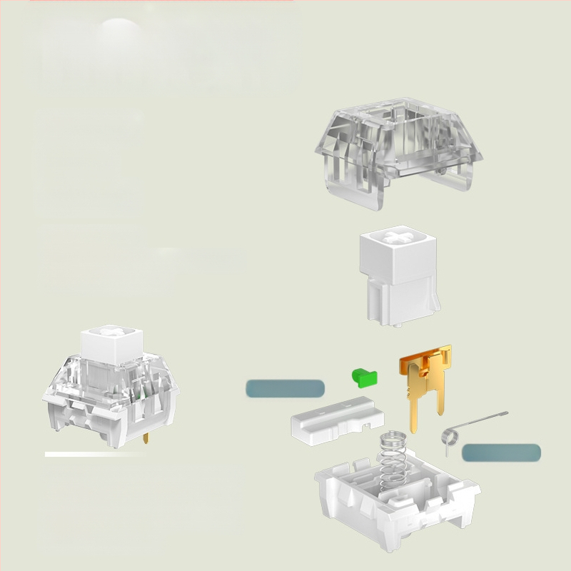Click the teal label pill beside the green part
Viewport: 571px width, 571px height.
pos(285,388)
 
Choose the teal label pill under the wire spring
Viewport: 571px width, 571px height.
pos(501,452)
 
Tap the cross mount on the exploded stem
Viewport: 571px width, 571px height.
pos(396,235)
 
